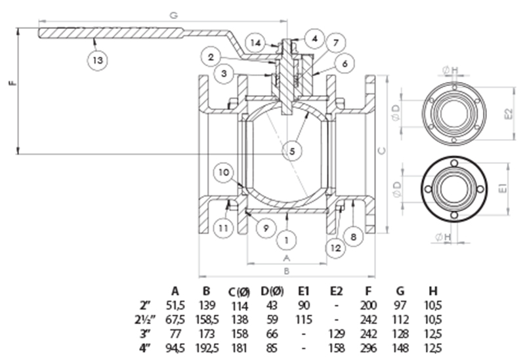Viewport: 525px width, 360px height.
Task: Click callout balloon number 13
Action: (96, 60)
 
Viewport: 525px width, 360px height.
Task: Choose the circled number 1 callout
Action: (286, 240)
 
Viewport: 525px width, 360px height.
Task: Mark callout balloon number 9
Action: (266, 229)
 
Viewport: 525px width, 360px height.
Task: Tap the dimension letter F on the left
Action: (10, 84)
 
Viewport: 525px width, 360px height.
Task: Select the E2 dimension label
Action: (507, 113)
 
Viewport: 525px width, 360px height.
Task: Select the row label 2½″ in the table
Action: (147, 318)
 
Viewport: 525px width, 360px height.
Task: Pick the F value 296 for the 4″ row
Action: (369, 346)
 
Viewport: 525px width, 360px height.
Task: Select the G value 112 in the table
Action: (401, 318)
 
